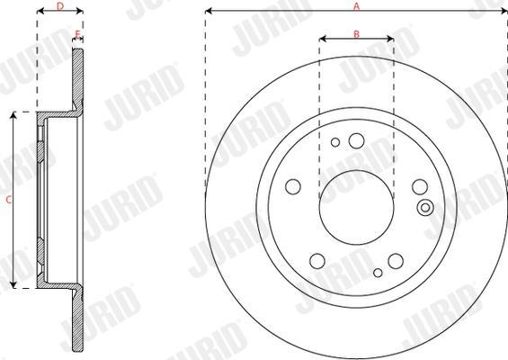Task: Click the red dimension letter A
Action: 356,6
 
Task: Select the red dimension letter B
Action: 356,33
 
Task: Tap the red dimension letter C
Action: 9,200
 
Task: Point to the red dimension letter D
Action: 60,6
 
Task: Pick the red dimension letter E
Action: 77,33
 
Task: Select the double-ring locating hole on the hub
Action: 425,208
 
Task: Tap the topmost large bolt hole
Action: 356,140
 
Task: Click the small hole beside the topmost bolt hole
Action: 335,142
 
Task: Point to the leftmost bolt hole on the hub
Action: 293,187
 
